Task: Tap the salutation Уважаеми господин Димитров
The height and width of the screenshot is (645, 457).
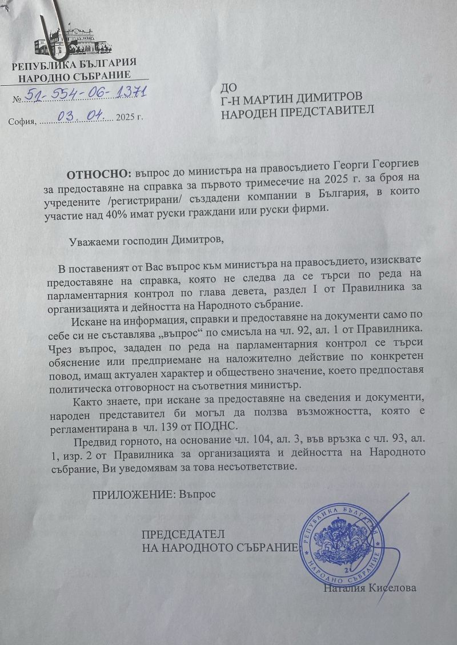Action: (x=146, y=240)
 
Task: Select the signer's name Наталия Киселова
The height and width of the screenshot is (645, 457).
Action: (x=370, y=587)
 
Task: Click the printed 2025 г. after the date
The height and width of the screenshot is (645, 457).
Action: (x=128, y=120)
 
